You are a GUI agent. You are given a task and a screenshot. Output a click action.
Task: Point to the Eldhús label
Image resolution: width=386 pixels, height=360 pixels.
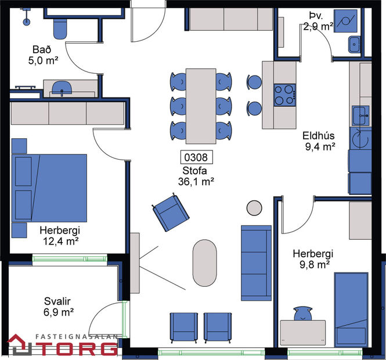(x=319, y=136)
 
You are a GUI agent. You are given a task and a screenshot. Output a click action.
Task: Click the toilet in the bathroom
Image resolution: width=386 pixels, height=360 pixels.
(x=60, y=26)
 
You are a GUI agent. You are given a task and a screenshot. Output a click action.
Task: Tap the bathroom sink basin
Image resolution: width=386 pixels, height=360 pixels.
(x=62, y=88)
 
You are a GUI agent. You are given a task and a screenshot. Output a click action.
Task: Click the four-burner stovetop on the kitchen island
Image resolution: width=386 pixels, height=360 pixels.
(x=284, y=95)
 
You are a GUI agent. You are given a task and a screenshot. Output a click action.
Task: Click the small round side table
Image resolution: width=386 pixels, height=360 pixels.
(x=254, y=207)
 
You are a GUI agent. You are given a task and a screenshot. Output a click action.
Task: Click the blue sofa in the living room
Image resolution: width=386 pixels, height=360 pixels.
(x=256, y=254)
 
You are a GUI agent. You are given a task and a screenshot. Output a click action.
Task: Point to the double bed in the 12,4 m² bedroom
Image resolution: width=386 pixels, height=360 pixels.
(x=51, y=187)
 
